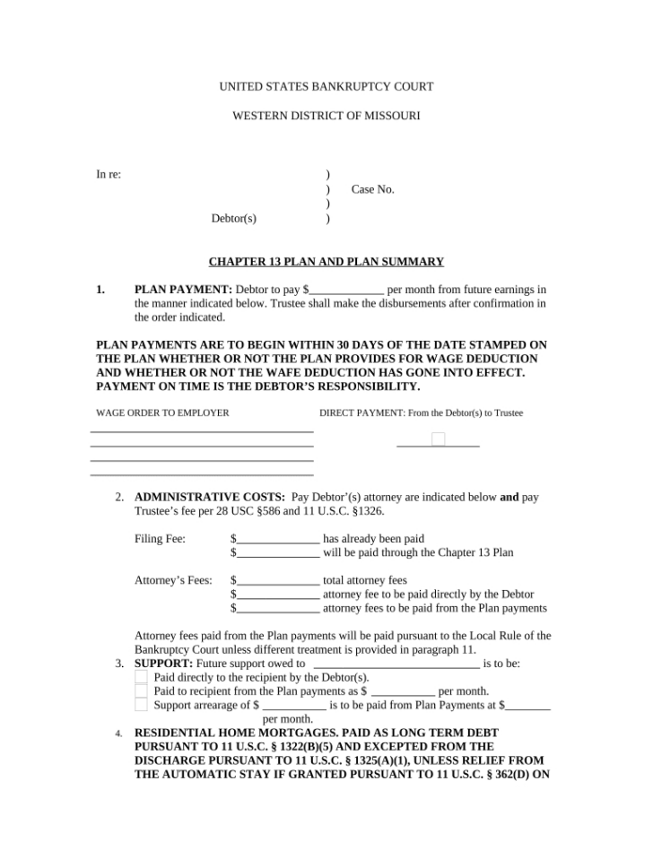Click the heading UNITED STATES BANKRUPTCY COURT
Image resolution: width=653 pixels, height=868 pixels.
pyautogui.click(x=326, y=87)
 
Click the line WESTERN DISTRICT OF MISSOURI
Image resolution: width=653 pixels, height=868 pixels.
pyautogui.click(x=326, y=116)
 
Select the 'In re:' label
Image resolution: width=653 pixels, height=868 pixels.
pyautogui.click(x=109, y=174)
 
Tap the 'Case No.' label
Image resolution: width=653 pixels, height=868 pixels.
pyautogui.click(x=372, y=189)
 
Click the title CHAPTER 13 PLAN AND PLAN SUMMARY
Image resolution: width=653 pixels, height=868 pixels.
pyautogui.click(x=326, y=262)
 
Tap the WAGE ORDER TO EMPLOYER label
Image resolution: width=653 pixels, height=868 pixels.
pyautogui.click(x=162, y=412)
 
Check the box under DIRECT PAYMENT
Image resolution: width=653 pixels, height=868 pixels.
pyautogui.click(x=438, y=438)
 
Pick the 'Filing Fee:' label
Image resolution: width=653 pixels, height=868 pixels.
pyautogui.click(x=160, y=539)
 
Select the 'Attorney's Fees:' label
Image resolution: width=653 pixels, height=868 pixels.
pyautogui.click(x=173, y=580)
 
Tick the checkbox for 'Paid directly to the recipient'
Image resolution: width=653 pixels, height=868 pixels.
pyautogui.click(x=141, y=678)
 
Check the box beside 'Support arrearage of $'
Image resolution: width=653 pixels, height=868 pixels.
pyautogui.click(x=141, y=705)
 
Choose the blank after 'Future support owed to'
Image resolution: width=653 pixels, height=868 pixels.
pyautogui.click(x=396, y=664)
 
